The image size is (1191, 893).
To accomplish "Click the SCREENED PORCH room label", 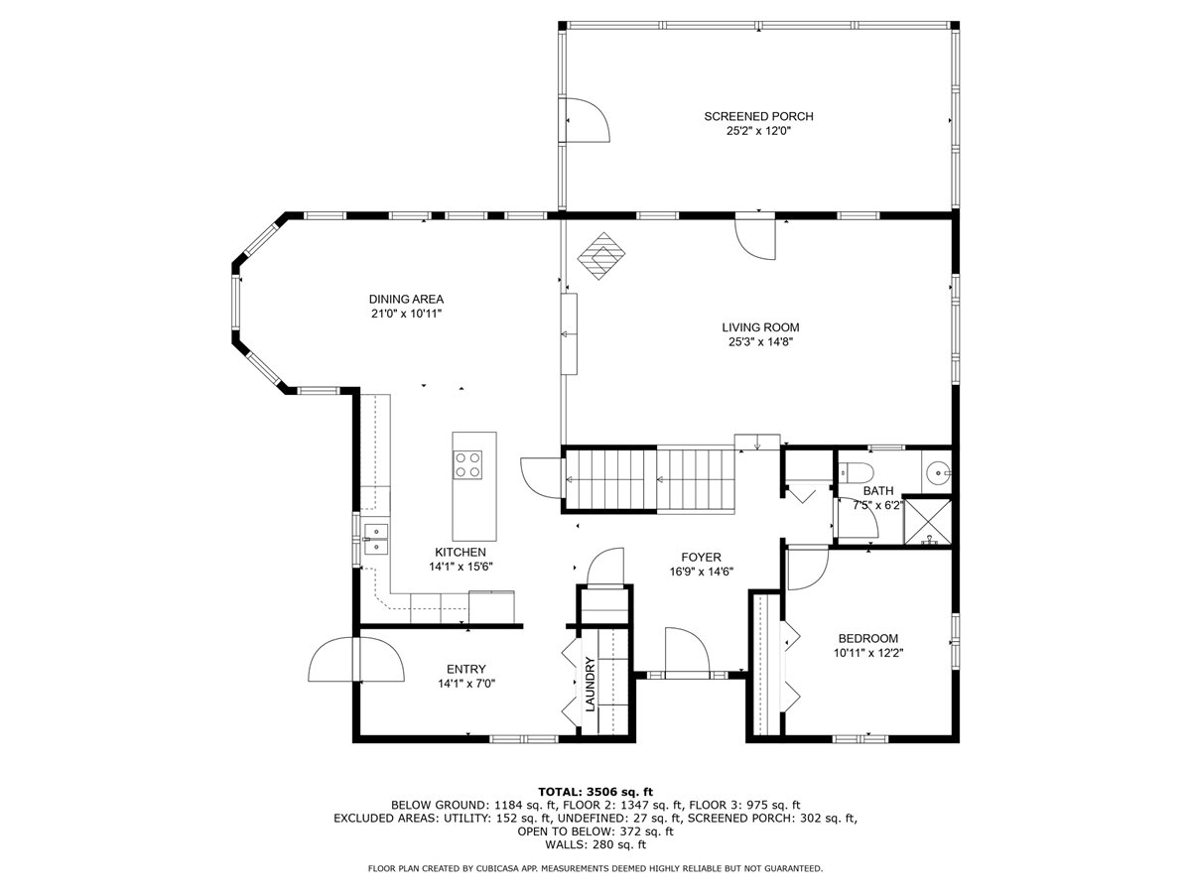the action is (758, 116).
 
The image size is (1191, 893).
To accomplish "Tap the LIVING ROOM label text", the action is (760, 327).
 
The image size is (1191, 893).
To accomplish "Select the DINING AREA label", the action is (406, 299).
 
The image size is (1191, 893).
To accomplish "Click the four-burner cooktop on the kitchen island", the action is (467, 464).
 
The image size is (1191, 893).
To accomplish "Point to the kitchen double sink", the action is (375, 540).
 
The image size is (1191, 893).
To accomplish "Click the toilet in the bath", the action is (855, 472).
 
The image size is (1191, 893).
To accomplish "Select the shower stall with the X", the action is (927, 521).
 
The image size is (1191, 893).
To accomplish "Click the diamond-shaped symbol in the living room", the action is (600, 256).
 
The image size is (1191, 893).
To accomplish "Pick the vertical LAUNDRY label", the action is (591, 685).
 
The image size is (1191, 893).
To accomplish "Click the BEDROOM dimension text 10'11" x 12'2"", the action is (868, 653).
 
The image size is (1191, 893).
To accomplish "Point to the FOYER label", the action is (701, 558).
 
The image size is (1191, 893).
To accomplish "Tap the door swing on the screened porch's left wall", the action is (585, 120).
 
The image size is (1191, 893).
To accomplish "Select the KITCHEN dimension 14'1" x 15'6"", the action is (461, 567).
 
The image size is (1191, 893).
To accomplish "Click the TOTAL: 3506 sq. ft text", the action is (595, 792).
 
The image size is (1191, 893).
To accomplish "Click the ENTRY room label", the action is (466, 669).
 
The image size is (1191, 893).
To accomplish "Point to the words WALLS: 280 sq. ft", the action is (595, 844).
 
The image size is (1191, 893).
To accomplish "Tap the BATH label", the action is (878, 491).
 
